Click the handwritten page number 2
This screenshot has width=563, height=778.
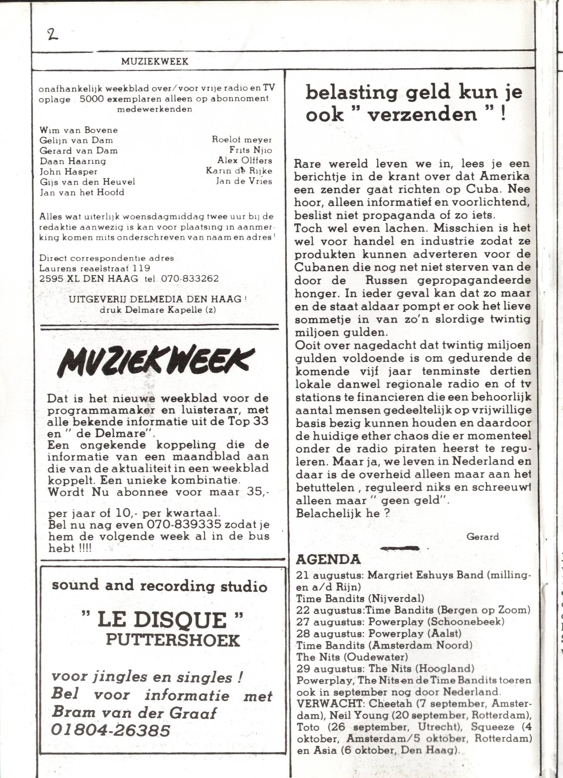click(52, 34)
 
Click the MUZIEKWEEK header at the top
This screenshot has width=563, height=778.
click(155, 61)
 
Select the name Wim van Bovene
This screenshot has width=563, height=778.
click(79, 130)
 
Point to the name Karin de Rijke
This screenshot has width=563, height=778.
click(239, 171)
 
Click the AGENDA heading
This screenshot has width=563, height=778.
click(328, 560)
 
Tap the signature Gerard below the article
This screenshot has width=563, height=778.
click(482, 537)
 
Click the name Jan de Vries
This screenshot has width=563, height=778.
click(244, 181)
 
